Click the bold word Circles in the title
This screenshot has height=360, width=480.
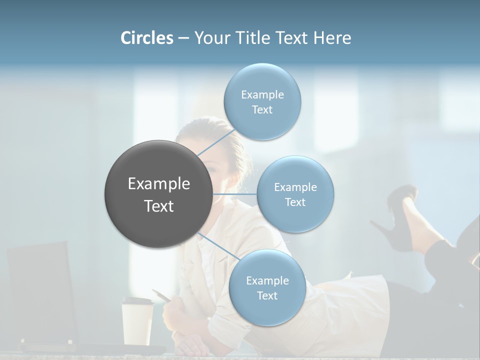point(147,38)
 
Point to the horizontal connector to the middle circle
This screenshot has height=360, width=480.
point(235,194)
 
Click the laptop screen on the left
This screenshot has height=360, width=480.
point(40,290)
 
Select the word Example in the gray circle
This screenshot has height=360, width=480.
point(159,184)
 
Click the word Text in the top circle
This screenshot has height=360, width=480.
point(262,110)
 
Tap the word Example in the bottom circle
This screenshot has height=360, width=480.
point(267,281)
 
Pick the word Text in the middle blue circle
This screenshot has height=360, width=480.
point(295,202)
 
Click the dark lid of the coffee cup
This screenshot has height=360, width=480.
point(137,301)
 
